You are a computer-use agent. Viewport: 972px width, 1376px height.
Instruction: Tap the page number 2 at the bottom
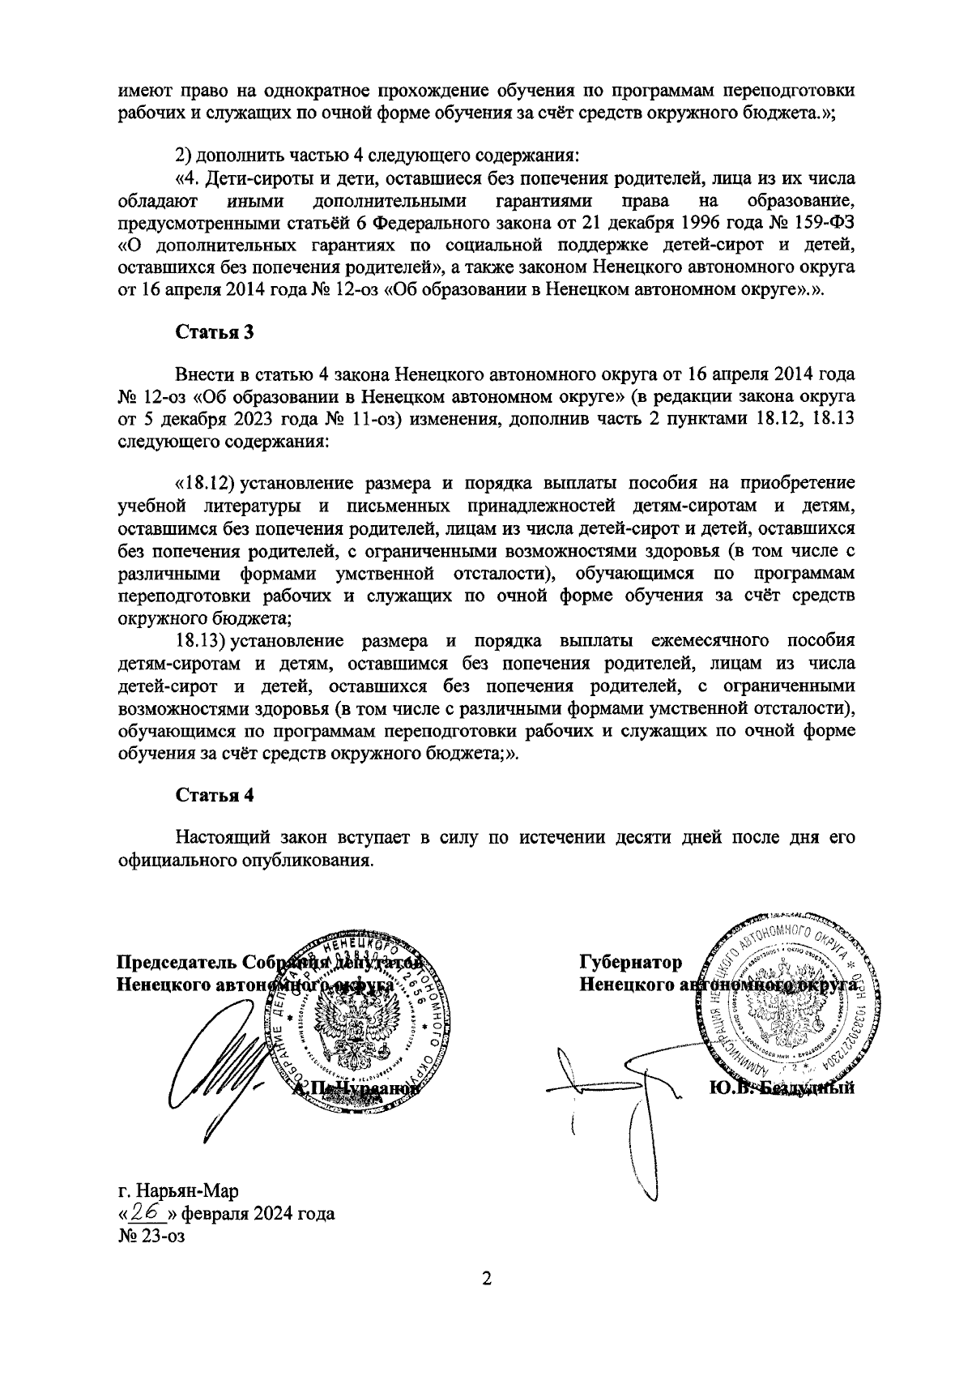pos(486,1279)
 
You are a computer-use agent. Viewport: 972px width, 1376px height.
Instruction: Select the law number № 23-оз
pos(152,1237)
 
